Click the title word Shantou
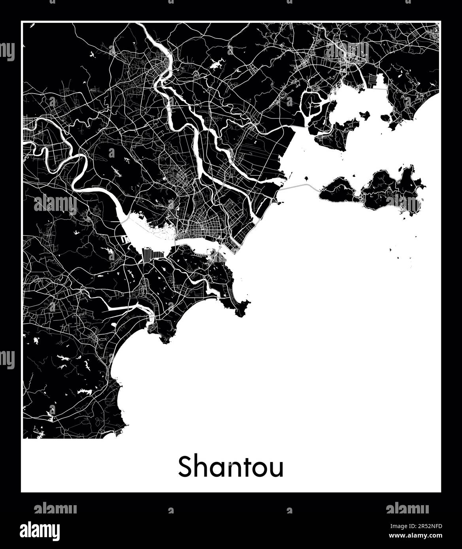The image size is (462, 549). [x=231, y=467]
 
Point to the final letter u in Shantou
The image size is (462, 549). [x=277, y=469]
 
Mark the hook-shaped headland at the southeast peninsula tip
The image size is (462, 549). [x=241, y=308]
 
